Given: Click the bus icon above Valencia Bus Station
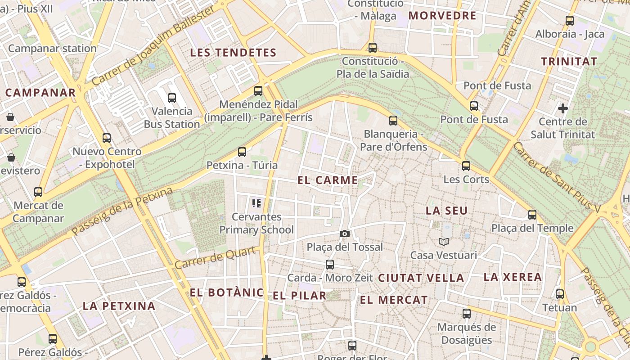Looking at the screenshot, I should click(171, 98).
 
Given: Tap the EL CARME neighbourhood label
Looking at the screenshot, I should click(328, 180).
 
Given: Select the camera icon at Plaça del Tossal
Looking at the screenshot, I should click(345, 234).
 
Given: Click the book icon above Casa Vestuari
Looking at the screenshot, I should click(444, 242).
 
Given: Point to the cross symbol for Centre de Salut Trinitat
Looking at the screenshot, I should click(562, 108).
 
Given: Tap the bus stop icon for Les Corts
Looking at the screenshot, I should click(466, 166).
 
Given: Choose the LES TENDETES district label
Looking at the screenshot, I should click(233, 53).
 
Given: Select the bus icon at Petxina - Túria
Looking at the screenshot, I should click(242, 152).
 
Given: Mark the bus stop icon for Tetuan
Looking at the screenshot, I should click(560, 294).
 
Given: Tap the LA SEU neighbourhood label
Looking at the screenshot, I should click(447, 211).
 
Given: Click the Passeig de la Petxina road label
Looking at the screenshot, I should click(122, 211).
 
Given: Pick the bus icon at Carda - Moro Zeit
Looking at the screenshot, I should click(330, 265).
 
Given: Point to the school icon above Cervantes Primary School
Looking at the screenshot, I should click(256, 203).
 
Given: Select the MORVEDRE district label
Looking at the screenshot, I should click(442, 16).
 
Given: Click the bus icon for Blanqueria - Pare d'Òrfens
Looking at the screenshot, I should click(393, 121).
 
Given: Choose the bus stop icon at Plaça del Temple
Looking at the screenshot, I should click(532, 215).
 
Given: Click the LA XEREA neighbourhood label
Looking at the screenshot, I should click(513, 277).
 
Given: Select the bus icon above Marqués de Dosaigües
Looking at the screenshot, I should click(467, 314).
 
